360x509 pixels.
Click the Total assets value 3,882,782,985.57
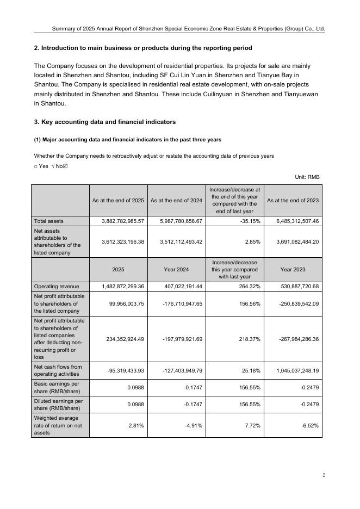pos(123,221)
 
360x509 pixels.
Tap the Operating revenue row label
pos(57,287)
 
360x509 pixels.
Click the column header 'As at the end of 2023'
pos(293,200)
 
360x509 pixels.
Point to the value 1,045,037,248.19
pos(293,370)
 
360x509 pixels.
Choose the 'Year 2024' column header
pos(176,269)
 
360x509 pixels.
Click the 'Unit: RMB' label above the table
pos(307,177)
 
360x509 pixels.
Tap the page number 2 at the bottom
pos(324,475)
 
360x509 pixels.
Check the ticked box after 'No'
pos(65,166)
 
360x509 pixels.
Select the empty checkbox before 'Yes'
pos(36,166)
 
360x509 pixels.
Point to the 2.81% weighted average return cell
pos(136,426)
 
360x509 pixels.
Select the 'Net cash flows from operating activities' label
pos(58,370)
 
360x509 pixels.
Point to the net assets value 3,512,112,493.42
pos(176,242)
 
